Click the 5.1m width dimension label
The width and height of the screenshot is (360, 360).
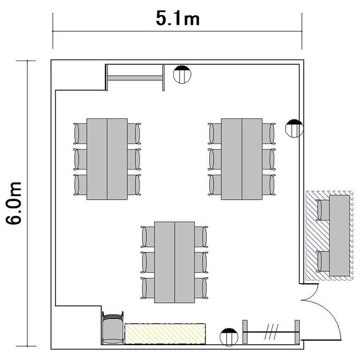click(x=178, y=18)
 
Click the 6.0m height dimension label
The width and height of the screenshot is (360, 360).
click(x=13, y=204)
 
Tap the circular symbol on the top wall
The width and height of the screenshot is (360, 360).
click(x=182, y=74)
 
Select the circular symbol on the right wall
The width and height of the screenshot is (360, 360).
click(x=294, y=128)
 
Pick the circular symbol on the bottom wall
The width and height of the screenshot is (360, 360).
click(x=229, y=337)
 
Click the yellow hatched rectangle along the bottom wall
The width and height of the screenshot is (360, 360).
click(x=165, y=334)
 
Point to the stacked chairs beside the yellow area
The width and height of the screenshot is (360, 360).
click(x=112, y=328)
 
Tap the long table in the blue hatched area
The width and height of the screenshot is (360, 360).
click(x=339, y=236)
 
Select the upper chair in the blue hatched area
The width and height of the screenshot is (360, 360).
click(x=323, y=210)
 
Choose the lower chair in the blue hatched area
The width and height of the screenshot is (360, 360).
click(x=323, y=262)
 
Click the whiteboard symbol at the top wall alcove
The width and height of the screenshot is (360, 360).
click(x=135, y=78)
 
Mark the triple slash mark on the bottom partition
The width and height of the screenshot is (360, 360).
click(x=271, y=332)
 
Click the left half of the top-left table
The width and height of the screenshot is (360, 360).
click(x=97, y=159)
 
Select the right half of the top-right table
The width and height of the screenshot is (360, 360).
click(x=252, y=159)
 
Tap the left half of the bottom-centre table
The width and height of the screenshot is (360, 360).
click(x=165, y=262)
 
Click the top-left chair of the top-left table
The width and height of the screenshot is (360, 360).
click(x=80, y=133)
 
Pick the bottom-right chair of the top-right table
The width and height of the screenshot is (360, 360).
click(x=269, y=185)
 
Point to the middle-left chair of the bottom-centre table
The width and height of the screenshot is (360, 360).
click(x=147, y=262)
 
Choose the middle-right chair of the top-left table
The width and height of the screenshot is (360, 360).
click(x=134, y=159)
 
